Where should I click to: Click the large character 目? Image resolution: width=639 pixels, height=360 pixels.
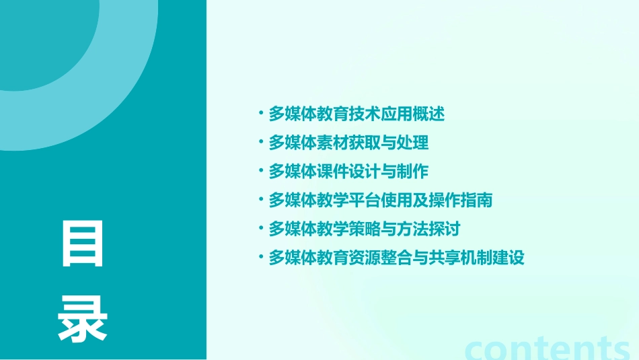pos(83,243)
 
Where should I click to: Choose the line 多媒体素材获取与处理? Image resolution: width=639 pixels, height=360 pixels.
pos(348,143)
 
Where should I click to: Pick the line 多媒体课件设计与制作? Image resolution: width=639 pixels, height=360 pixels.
pos(348,172)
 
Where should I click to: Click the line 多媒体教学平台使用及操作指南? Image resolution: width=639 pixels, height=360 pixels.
pos(381,200)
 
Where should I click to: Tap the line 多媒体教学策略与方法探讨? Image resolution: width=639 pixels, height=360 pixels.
pos(365,229)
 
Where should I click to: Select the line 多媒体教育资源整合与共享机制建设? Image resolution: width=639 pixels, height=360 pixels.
pos(396,258)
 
